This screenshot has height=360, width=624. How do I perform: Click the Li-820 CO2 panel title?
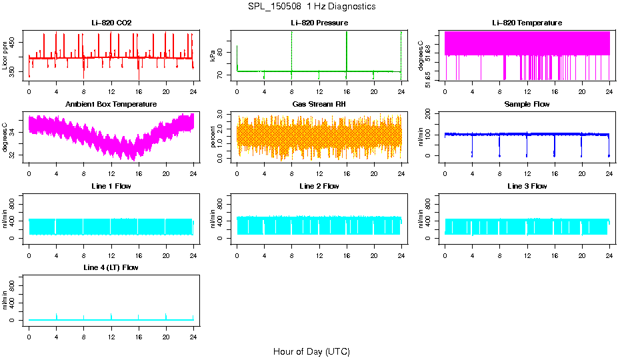(111, 23)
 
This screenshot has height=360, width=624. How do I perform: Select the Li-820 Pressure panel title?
(319, 23)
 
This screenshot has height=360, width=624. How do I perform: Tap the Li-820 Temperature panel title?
(527, 23)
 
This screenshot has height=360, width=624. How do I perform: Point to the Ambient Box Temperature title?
(111, 104)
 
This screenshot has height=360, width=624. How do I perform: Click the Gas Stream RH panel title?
(319, 104)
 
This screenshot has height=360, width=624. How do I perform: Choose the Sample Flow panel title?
(527, 104)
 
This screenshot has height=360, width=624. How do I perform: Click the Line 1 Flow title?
(111, 186)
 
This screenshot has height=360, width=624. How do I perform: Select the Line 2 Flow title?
(319, 186)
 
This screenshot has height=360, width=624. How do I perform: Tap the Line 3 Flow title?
(527, 186)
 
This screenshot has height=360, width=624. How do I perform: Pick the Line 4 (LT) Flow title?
(111, 267)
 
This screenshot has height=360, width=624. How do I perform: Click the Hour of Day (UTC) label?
(311, 351)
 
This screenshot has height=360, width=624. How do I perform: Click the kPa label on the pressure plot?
(213, 55)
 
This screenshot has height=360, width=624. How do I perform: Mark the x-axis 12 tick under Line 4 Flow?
(111, 331)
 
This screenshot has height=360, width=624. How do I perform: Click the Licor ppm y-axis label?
(5, 55)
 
